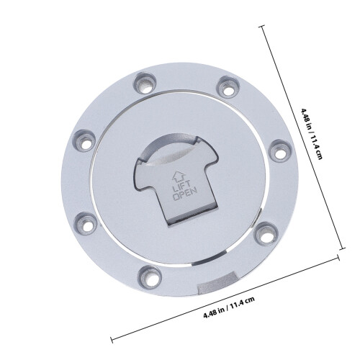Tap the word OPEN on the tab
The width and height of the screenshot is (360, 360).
185,194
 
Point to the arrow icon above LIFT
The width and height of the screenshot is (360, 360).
177,176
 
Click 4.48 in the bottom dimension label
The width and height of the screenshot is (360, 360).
210,313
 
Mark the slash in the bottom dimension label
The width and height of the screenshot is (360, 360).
226,307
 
